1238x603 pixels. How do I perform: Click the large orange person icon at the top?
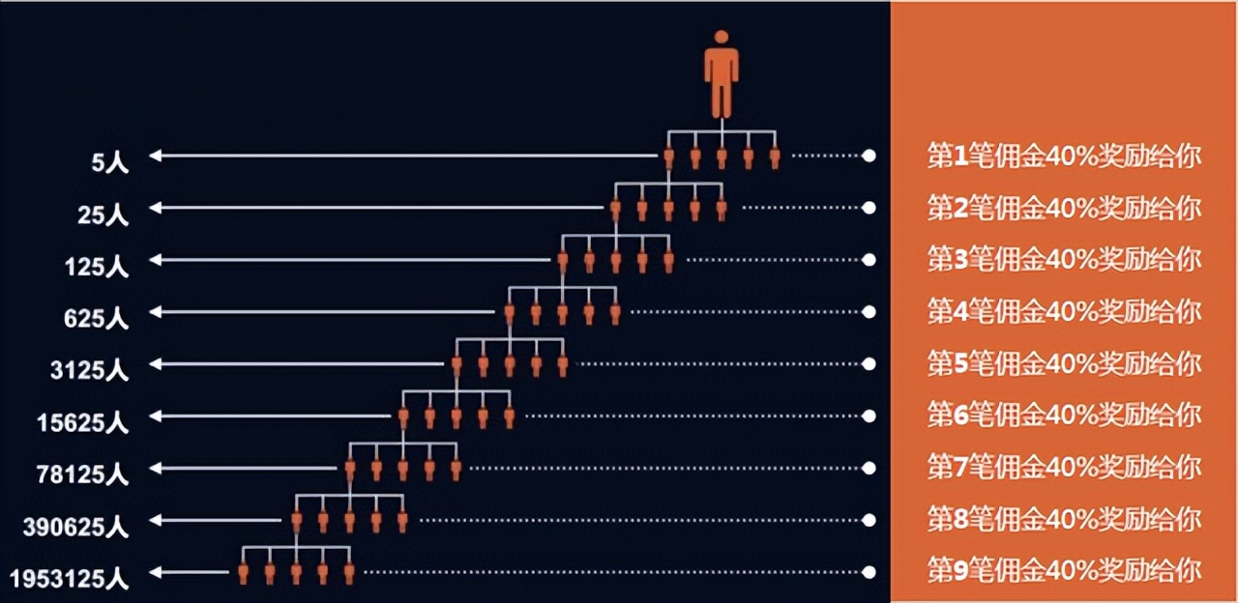point(721,74)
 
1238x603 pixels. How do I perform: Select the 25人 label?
point(103,214)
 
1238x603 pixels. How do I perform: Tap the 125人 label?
point(97,266)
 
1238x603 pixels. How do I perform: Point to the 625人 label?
point(97,318)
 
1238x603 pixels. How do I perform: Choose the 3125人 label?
point(90,370)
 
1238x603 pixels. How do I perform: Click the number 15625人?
point(83,422)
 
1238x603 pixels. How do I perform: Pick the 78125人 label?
point(83,474)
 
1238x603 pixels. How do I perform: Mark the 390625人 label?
point(76,527)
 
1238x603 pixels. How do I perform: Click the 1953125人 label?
point(70,579)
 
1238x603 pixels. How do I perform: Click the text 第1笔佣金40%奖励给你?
point(1064,156)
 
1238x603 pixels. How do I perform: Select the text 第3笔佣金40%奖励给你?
point(1064,259)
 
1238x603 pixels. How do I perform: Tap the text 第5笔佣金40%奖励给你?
point(1064,363)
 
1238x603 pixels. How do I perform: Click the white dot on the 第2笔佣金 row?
point(869,208)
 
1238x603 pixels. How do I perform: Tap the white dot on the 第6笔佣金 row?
point(869,416)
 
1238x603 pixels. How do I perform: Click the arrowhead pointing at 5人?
point(155,156)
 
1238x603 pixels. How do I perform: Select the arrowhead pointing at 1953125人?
point(155,571)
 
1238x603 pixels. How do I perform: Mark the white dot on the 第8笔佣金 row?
point(869,520)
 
